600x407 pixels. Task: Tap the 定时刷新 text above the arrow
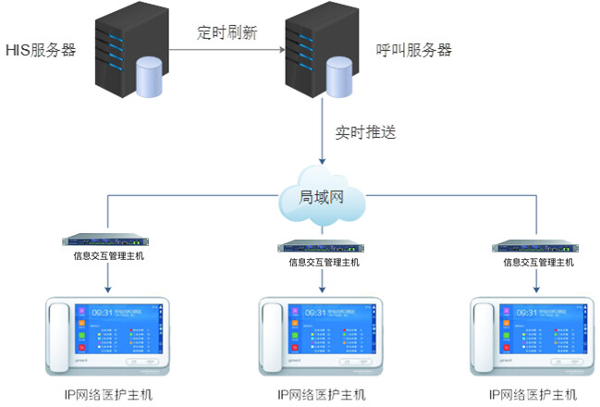click(x=227, y=31)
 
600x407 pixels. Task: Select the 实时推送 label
click(x=366, y=132)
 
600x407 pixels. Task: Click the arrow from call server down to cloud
click(x=324, y=139)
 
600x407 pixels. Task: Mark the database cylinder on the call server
click(x=339, y=78)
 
